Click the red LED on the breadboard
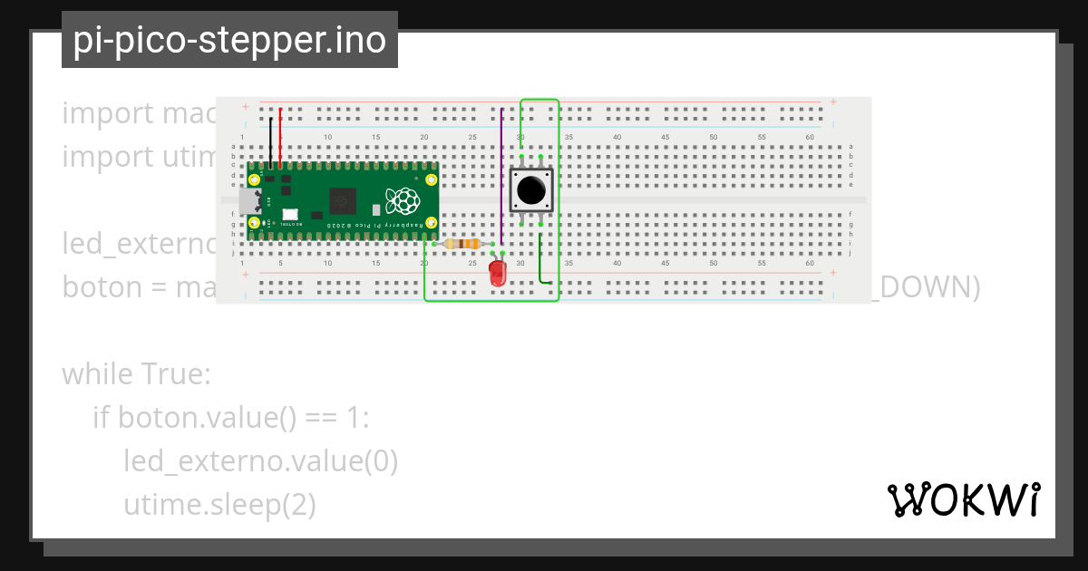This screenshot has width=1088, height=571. click(x=498, y=273)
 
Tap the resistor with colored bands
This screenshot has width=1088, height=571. click(x=464, y=244)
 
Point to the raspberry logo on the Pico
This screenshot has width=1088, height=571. click(x=402, y=200)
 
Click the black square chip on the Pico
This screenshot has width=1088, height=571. click(x=344, y=200)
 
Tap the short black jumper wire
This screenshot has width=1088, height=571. click(x=270, y=140)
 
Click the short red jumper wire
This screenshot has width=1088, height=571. click(x=280, y=138)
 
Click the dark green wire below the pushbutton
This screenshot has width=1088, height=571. click(x=541, y=261)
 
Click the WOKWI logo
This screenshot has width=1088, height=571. click(x=963, y=500)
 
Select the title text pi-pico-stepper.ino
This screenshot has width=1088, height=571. click(x=229, y=40)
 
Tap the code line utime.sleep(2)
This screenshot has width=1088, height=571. click(x=219, y=504)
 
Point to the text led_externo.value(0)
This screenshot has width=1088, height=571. click(x=261, y=460)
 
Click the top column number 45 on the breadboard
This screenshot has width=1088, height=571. click(x=665, y=137)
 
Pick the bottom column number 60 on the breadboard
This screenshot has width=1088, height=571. click(x=810, y=263)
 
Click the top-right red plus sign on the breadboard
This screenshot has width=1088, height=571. click(x=832, y=102)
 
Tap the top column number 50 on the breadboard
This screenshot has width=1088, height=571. click(x=714, y=137)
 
